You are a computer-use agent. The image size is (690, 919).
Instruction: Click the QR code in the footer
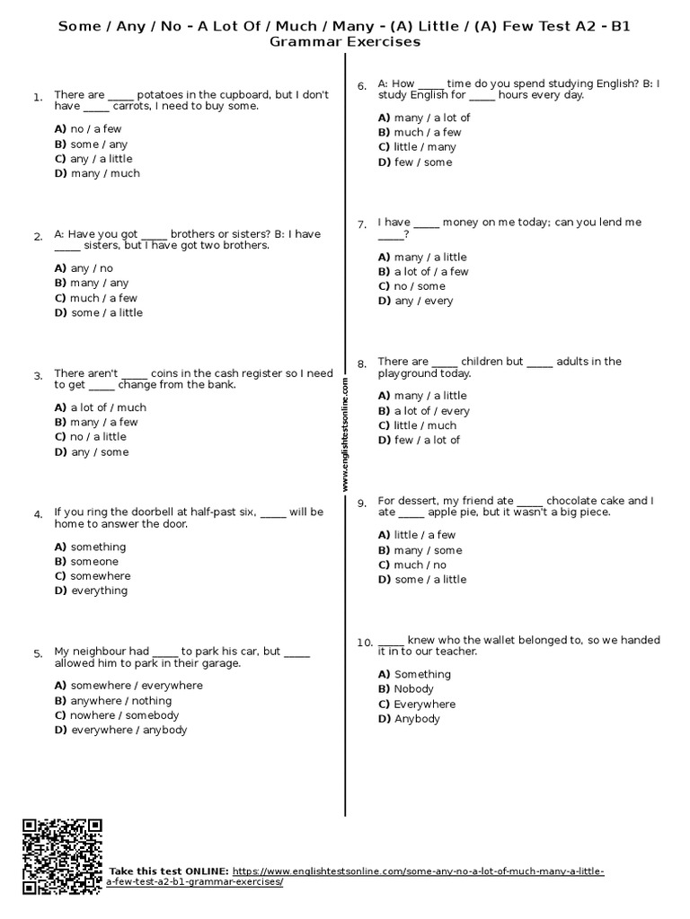pos(62,856)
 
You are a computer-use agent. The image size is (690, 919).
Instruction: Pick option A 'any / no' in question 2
pos(84,268)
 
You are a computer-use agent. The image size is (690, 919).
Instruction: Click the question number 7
pos(361,224)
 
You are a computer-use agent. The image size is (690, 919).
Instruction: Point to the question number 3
pos(38,376)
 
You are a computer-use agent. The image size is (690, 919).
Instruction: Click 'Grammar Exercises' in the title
pos(345,41)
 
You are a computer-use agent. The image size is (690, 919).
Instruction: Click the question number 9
pos(361,503)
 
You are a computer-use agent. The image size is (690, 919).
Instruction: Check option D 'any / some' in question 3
pos(91,452)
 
